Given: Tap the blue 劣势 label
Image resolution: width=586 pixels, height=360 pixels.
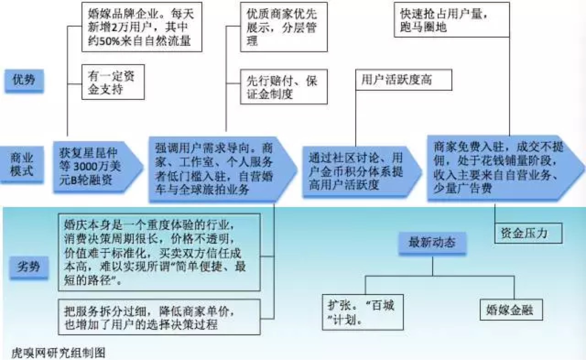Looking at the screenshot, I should pyautogui.click(x=28, y=267).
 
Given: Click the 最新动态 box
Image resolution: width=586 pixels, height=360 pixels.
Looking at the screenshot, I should pyautogui.click(x=432, y=243).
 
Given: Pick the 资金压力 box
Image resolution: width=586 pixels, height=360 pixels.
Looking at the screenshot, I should pyautogui.click(x=528, y=233).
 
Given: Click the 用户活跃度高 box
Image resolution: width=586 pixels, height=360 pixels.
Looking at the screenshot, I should pyautogui.click(x=403, y=80).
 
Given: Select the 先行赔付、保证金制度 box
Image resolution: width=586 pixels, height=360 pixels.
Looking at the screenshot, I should pyautogui.click(x=283, y=87).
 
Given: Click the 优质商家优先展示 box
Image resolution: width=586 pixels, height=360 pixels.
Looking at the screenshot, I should pyautogui.click(x=283, y=27).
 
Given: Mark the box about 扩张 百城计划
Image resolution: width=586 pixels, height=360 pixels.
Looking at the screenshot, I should pyautogui.click(x=363, y=311).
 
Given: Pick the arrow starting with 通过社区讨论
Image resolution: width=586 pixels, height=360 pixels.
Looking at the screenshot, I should pyautogui.click(x=357, y=171).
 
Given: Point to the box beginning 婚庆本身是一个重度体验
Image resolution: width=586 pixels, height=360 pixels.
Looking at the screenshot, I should pyautogui.click(x=159, y=251).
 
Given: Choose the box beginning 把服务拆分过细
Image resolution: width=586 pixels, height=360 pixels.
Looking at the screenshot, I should pyautogui.click(x=159, y=316).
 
